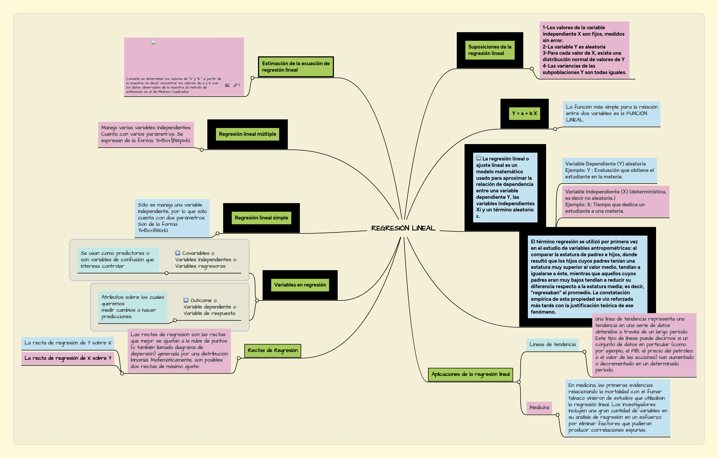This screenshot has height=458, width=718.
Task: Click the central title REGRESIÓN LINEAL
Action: click(x=403, y=228)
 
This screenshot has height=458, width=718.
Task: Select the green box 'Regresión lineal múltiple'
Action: click(x=248, y=134)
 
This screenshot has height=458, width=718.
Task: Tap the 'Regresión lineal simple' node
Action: click(x=261, y=218)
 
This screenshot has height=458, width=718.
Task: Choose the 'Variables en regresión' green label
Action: click(x=300, y=285)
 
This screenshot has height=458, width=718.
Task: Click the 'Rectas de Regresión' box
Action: click(x=273, y=350)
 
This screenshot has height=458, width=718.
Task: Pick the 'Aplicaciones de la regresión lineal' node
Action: click(x=470, y=374)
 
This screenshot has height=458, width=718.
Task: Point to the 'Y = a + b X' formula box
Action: click(x=524, y=113)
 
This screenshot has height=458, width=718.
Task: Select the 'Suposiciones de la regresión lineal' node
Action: click(x=489, y=50)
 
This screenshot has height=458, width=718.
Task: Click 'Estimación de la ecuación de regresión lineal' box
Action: click(x=296, y=67)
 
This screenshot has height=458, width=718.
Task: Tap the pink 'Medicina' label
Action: click(x=539, y=408)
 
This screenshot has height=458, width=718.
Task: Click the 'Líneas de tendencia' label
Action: click(x=552, y=344)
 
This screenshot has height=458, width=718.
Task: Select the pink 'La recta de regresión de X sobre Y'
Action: click(x=68, y=358)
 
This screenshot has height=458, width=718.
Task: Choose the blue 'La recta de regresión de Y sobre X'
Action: click(x=68, y=343)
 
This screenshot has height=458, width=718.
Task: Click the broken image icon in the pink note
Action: click(x=154, y=43)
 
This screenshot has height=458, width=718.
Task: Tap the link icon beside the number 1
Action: click(x=235, y=85)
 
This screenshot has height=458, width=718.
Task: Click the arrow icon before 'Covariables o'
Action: click(x=178, y=253)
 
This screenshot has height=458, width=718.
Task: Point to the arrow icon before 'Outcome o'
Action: click(x=186, y=300)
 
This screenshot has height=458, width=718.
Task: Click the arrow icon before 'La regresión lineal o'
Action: click(x=478, y=158)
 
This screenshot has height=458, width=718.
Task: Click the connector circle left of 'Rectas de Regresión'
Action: click(x=238, y=358)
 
